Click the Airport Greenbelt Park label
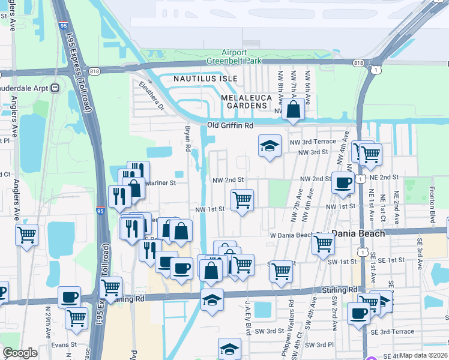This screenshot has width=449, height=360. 243,56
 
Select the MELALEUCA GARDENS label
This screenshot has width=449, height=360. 243,101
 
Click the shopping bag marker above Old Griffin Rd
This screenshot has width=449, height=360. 294,110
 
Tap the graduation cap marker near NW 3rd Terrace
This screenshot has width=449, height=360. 270,146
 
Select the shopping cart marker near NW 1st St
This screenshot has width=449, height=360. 242,200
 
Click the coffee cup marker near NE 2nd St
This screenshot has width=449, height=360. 343,182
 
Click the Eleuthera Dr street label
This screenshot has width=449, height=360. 152,96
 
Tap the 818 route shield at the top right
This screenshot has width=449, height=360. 359,62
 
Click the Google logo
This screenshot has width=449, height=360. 20,353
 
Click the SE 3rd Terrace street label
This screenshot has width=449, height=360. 392,331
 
